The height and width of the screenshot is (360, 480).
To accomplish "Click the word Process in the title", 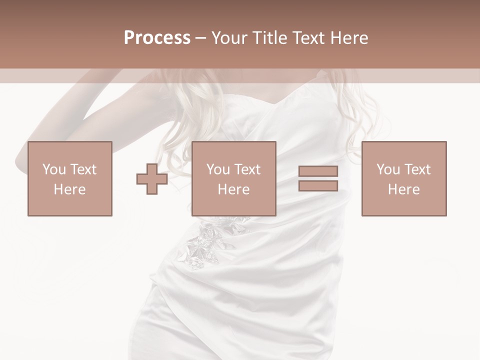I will pyautogui.click(x=157, y=38).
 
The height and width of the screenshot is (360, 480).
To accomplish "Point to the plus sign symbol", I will pyautogui.click(x=152, y=179).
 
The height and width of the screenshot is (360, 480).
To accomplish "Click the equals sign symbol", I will pyautogui.click(x=318, y=178).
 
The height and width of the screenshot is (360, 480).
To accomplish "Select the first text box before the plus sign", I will pyautogui.click(x=70, y=178).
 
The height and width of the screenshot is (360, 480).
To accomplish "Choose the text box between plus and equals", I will pyautogui.click(x=233, y=178).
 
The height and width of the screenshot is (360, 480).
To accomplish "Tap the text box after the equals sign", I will pyautogui.click(x=403, y=178).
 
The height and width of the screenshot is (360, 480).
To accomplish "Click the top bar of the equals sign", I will pyautogui.click(x=318, y=171).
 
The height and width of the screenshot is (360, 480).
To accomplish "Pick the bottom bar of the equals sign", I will pyautogui.click(x=318, y=186).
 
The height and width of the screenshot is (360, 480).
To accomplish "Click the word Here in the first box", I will pyautogui.click(x=69, y=189).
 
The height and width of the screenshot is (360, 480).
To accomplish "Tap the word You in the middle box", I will pyautogui.click(x=218, y=169).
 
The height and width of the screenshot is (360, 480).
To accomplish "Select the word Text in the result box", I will pyautogui.click(x=417, y=169).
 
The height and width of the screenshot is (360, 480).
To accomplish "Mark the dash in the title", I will pyautogui.click(x=201, y=38).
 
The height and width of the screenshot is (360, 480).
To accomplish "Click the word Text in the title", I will pyautogui.click(x=306, y=38).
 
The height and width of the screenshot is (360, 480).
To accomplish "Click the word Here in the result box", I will pyautogui.click(x=403, y=189).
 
